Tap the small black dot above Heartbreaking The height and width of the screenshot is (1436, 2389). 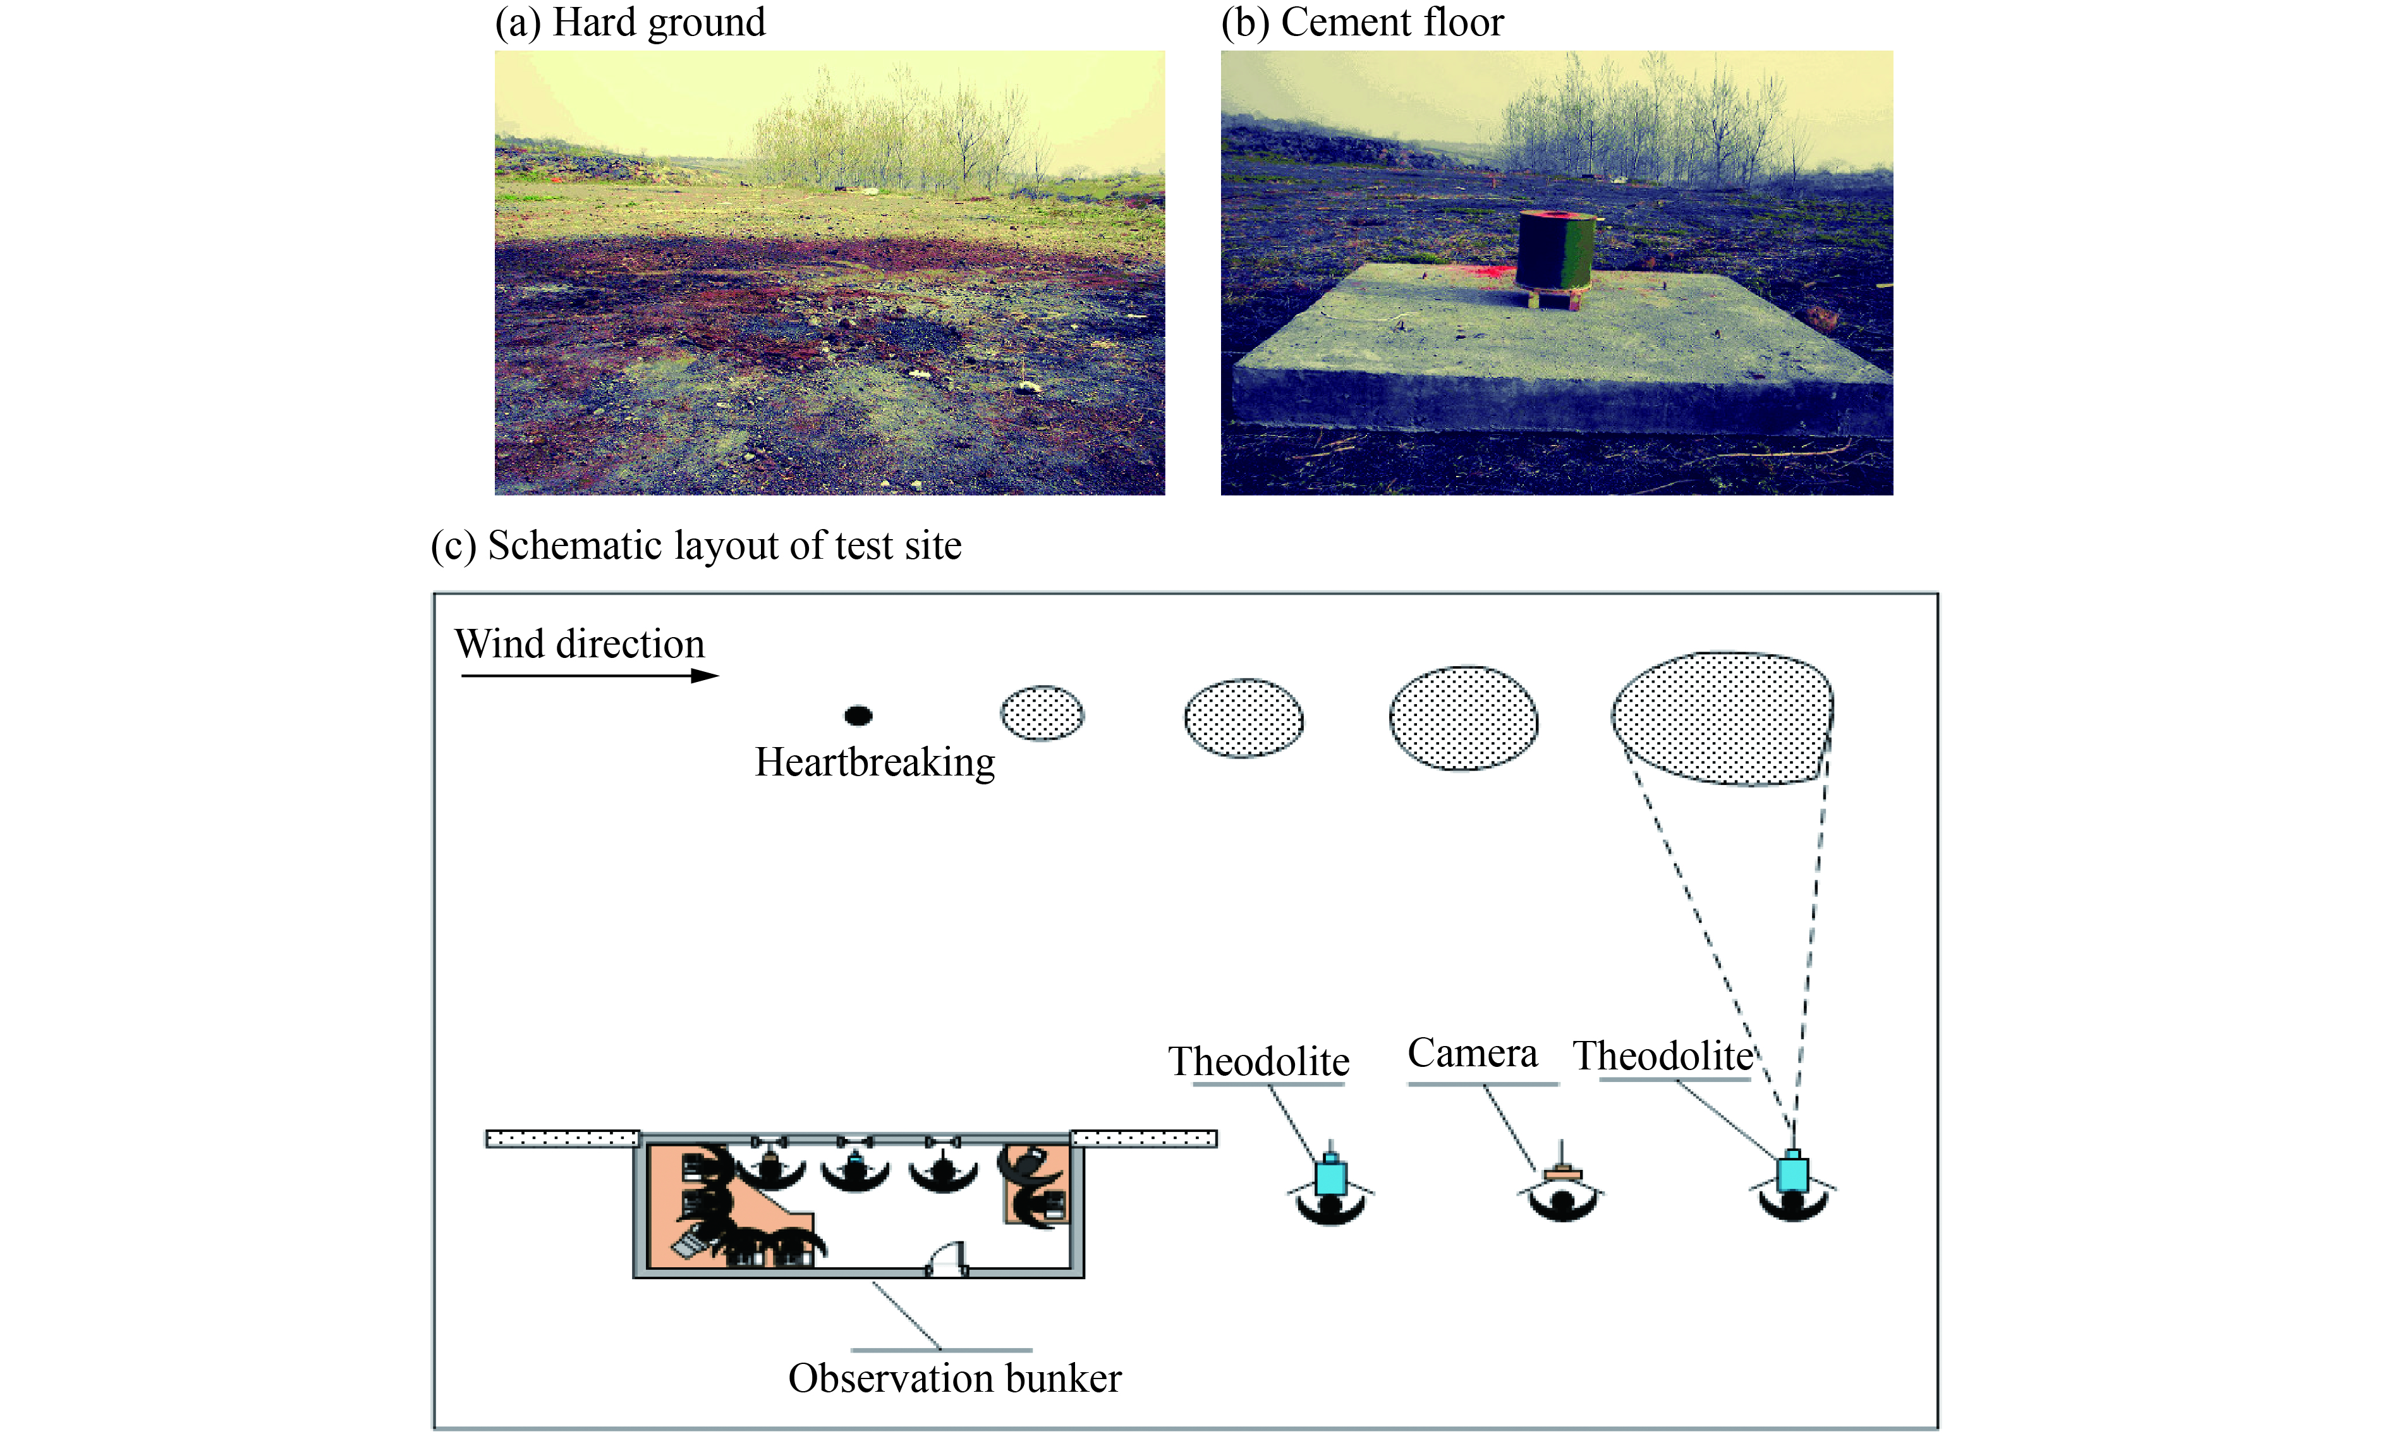point(858,715)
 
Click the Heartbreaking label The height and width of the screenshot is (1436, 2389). point(873,762)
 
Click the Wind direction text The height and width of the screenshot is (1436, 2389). point(580,643)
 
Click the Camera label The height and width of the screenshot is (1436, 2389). point(1472,1054)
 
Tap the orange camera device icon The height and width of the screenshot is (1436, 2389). point(1562,1174)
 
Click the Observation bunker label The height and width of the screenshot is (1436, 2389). point(954,1378)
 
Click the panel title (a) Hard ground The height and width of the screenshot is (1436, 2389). point(630,22)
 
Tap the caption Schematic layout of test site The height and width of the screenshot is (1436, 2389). point(696,545)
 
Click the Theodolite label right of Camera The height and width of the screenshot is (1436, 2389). point(1662,1056)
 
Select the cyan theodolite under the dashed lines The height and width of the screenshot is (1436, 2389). point(1792,1174)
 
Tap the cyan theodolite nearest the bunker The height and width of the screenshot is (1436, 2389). point(1330,1177)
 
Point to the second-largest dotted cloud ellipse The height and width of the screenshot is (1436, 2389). point(1463,718)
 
